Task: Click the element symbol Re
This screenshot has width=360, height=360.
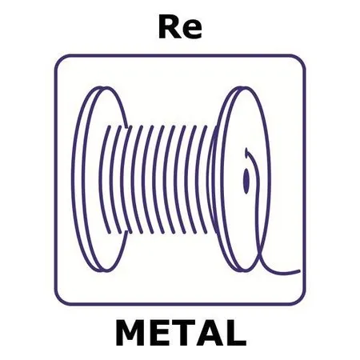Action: [x=180, y=27]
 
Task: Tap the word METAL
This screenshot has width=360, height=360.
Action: [x=181, y=333]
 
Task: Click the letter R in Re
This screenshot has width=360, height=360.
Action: [x=169, y=27]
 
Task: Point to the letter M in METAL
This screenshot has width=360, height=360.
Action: [x=130, y=333]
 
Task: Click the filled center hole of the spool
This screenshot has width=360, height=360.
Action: [x=246, y=181]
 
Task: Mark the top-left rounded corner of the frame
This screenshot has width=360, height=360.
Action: [x=59, y=59]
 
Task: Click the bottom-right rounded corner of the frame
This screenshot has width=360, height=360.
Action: [x=301, y=301]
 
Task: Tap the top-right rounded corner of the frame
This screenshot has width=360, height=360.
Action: [x=301, y=59]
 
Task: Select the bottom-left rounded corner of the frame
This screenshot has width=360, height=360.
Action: [x=59, y=301]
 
